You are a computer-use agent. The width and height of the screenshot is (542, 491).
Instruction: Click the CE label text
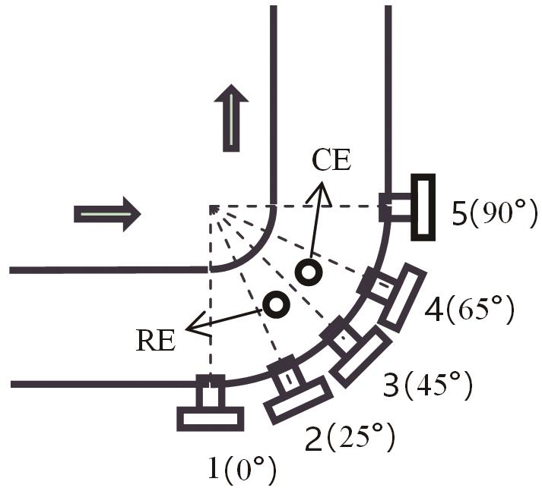[x=331, y=160]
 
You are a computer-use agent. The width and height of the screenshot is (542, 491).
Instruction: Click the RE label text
[x=156, y=341]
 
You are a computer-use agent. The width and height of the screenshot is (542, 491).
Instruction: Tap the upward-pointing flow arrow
[x=231, y=118]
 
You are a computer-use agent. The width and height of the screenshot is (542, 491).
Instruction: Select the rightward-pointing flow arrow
[x=107, y=214]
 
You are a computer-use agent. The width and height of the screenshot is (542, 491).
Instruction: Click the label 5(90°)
[x=495, y=215]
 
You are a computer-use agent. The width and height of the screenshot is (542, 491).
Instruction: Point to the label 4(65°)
[x=470, y=309]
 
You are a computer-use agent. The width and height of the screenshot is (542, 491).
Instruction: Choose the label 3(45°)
[x=428, y=385]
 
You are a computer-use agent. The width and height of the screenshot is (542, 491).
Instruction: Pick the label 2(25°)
[x=350, y=438]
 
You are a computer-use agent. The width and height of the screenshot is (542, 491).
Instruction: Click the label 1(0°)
[x=242, y=469]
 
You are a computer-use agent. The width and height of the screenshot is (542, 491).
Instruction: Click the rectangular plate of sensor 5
[x=423, y=207]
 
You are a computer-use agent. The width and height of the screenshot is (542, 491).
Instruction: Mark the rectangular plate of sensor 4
[x=401, y=297]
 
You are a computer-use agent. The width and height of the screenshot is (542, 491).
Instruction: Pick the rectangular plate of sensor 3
[x=360, y=357]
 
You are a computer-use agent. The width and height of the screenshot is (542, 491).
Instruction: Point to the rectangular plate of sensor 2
[x=298, y=400]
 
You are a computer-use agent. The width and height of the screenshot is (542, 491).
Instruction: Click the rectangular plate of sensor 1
[x=210, y=419]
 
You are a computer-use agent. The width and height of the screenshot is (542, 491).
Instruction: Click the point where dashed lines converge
[x=210, y=206]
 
